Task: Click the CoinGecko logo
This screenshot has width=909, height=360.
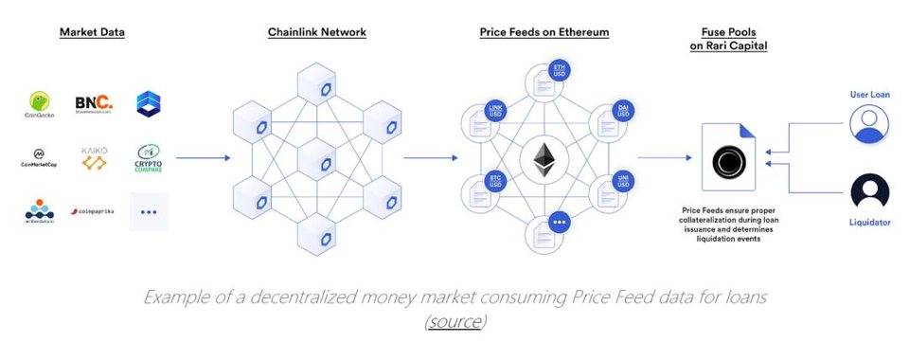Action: pyautogui.click(x=40, y=104)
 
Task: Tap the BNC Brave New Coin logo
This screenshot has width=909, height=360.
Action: pyautogui.click(x=93, y=102)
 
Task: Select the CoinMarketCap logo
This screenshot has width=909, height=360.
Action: pyautogui.click(x=40, y=157)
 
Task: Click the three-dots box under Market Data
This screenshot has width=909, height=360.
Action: pyautogui.click(x=149, y=211)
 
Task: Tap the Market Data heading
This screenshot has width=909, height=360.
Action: pyautogui.click(x=92, y=32)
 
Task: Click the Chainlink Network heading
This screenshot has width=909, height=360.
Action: pyautogui.click(x=316, y=32)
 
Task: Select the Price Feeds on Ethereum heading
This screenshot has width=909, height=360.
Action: pyautogui.click(x=544, y=32)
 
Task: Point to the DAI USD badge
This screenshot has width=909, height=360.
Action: pyautogui.click(x=624, y=112)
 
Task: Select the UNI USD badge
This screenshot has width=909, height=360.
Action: pyautogui.click(x=624, y=179)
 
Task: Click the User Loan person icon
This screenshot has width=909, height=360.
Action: pyautogui.click(x=869, y=124)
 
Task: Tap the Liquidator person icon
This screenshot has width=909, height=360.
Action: pyautogui.click(x=869, y=192)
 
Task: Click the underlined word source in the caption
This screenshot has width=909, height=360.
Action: pyautogui.click(x=454, y=321)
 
